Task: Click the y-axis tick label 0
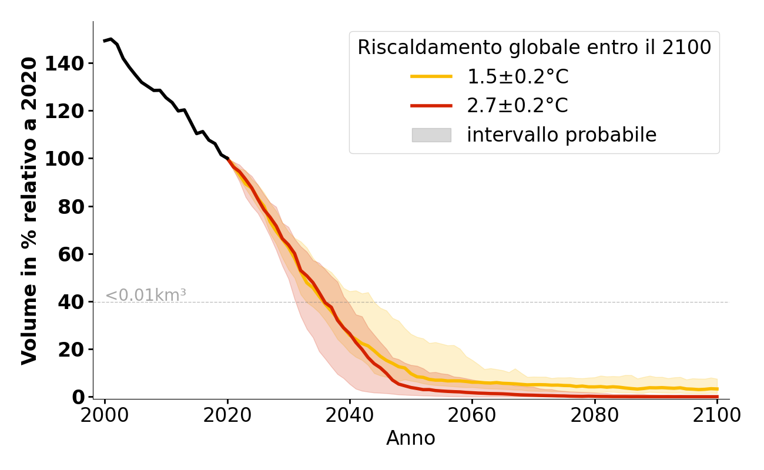click(x=78, y=397)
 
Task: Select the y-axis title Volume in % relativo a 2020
click(x=29, y=210)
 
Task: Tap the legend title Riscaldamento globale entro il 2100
click(x=534, y=48)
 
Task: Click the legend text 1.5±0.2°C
click(x=517, y=77)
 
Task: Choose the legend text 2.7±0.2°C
click(x=517, y=106)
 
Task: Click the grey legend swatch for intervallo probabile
click(x=431, y=135)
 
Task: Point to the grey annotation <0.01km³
click(x=146, y=296)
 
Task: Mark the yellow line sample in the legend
click(x=431, y=76)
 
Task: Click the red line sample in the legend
click(x=431, y=106)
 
